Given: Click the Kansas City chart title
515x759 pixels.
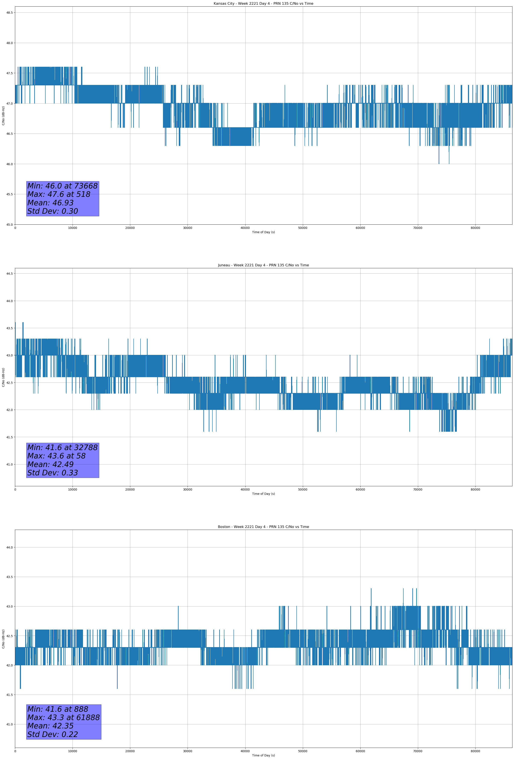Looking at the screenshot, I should point(263,4).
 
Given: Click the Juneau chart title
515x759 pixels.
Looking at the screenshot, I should point(263,265).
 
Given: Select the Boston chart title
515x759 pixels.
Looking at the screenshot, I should point(263,527).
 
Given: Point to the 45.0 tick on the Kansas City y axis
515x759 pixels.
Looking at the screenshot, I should point(9,225).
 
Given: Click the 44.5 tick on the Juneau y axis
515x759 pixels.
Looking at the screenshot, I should point(9,274).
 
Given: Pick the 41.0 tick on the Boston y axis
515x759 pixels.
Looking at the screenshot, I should point(9,724).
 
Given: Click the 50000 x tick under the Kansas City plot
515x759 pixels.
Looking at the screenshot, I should point(302,228).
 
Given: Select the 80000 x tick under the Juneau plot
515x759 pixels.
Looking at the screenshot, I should point(475,489).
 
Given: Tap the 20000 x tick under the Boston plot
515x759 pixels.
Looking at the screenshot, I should point(130,751).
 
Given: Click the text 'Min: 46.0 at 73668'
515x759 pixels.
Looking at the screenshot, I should point(62,186).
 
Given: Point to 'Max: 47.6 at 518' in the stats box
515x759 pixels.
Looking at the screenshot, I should point(59,194).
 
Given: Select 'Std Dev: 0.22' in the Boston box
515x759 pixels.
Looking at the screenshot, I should point(53,734).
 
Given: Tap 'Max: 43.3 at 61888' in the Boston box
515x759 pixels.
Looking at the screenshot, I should point(63,717).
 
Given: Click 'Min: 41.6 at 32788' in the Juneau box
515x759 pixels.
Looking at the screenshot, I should point(62,448).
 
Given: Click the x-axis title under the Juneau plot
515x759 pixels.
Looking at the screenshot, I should point(263,494).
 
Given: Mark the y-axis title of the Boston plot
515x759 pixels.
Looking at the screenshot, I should point(3,639).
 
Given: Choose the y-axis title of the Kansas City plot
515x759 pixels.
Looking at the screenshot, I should point(3,116).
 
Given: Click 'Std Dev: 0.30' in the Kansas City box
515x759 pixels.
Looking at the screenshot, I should point(53,211).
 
